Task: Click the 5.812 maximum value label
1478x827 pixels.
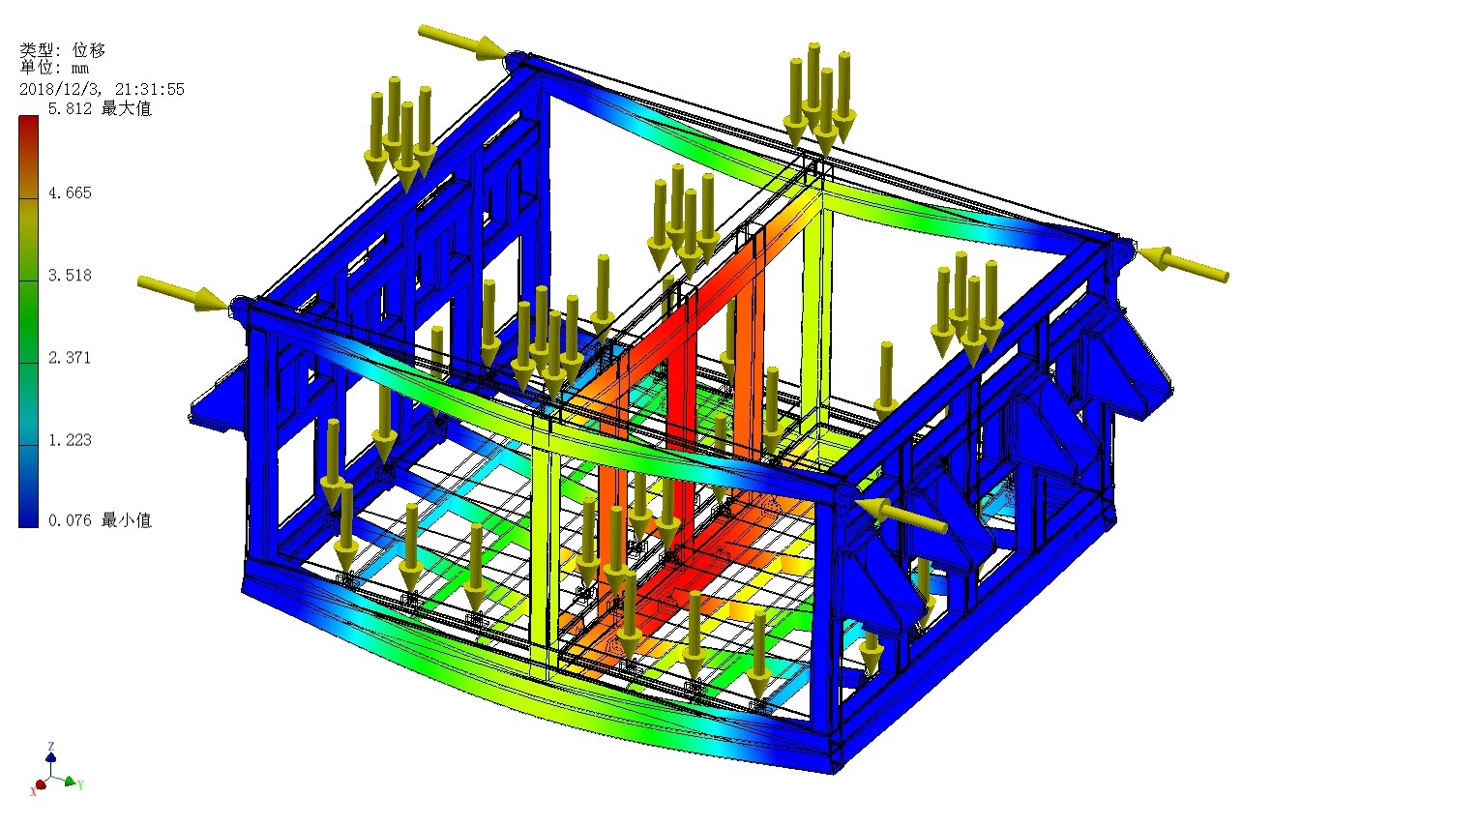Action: click(70, 109)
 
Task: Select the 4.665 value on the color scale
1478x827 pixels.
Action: click(70, 192)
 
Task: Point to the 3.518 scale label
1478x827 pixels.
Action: click(70, 276)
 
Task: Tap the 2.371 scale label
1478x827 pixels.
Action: click(70, 358)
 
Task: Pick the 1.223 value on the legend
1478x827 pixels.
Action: click(70, 440)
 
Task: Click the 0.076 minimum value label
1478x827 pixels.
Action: click(70, 520)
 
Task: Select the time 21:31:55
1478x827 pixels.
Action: click(150, 89)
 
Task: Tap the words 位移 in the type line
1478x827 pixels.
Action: click(89, 50)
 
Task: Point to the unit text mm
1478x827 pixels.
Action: click(80, 68)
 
